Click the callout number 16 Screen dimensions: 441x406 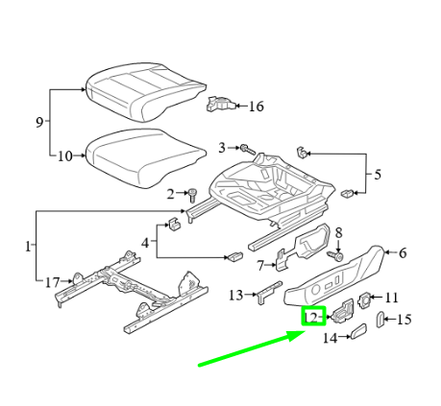point(257,107)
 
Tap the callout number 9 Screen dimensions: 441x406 point(39,122)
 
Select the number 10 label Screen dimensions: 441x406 point(65,156)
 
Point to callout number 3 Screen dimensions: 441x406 point(222,148)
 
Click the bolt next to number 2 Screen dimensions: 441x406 point(192,195)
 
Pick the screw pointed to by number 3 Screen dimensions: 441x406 point(248,149)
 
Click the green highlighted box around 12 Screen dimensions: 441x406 point(314,316)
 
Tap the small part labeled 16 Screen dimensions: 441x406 point(221,105)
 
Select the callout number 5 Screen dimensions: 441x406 point(378,175)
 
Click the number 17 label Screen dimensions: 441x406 point(53,282)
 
